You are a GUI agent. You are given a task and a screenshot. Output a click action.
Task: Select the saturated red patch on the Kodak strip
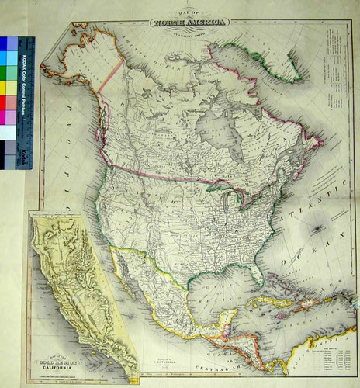tap(6, 102)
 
